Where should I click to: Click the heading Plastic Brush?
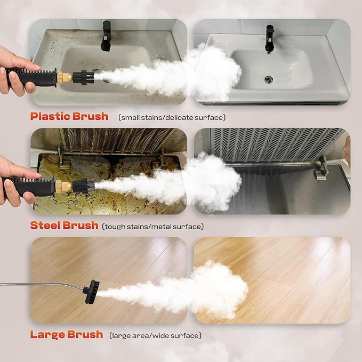(x=69, y=116)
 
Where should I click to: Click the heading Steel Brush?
(x=64, y=225)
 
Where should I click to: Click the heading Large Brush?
(x=66, y=335)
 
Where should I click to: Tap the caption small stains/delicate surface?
(x=172, y=117)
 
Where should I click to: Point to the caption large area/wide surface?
(x=155, y=336)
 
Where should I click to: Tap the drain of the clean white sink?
(x=269, y=79)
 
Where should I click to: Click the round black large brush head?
(x=91, y=292)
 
